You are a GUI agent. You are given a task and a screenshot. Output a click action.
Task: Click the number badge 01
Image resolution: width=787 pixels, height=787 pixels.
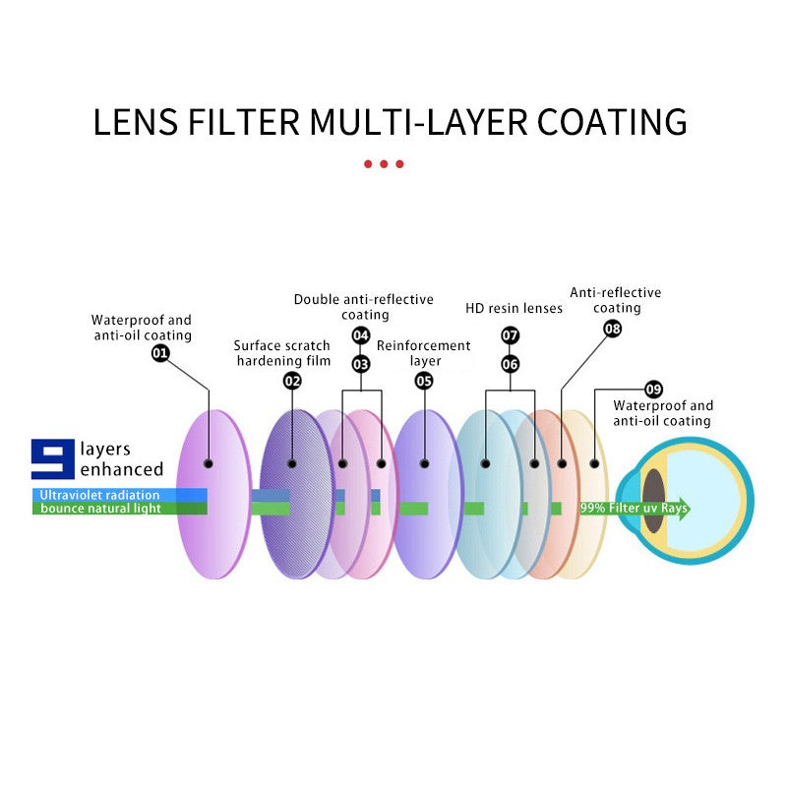160,352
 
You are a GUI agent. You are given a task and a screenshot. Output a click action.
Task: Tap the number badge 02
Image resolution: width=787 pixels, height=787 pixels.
292,381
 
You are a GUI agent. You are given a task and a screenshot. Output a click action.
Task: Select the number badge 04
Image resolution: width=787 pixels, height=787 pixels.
361,335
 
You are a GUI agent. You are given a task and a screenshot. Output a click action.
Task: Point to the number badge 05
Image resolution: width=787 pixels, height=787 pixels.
424,381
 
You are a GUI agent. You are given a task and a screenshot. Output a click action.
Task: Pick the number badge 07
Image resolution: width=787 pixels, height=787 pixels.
510,335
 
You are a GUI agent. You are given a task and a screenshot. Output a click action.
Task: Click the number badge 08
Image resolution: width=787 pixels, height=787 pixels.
613,329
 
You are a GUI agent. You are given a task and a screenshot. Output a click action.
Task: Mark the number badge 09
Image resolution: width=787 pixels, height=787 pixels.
654,389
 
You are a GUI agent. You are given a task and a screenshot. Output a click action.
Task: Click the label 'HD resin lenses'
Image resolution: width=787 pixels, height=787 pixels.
514,309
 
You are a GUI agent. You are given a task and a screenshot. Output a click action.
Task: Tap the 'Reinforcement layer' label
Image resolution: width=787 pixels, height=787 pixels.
424,353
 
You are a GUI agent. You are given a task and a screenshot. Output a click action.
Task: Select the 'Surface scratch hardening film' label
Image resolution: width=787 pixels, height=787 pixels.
282,353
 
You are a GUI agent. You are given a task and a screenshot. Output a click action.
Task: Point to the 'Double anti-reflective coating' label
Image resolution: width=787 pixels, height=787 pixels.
364,307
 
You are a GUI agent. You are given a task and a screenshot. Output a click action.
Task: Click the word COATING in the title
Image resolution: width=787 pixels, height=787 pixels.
612,122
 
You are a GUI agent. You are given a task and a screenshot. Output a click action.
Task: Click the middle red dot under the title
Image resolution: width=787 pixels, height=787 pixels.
384,164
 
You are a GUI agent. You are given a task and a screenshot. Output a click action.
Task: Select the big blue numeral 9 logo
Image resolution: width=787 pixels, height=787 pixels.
53,458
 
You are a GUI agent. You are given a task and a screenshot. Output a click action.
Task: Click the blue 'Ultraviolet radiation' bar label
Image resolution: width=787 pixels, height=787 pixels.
99,495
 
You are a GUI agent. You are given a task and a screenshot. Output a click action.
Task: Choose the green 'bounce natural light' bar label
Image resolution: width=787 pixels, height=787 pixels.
100,509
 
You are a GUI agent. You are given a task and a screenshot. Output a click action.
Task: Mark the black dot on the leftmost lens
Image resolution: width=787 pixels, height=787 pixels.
209,462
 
